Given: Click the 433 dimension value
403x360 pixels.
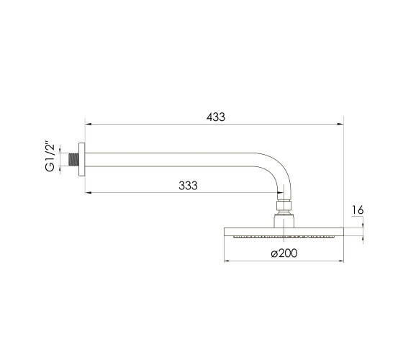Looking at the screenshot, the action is point(216,117).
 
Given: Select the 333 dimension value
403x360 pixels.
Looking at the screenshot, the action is point(188,186).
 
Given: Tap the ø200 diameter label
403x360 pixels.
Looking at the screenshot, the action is point(284,253).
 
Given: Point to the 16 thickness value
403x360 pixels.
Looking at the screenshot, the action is point(358,210).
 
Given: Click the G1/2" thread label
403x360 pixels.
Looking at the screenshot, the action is point(50,156).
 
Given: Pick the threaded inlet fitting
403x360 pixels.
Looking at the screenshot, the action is point(73,159).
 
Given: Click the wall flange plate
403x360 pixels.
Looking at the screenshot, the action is point(82,159).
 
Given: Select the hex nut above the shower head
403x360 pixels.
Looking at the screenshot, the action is point(284,206).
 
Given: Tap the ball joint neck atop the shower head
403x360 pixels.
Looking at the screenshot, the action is point(284,220).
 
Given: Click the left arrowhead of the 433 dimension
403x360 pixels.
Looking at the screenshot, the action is point(88,124).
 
